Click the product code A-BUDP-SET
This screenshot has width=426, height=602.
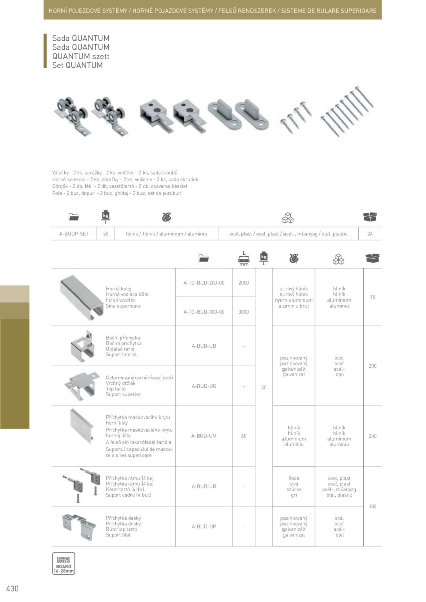[x=74, y=234]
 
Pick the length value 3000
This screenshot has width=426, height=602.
[x=244, y=312]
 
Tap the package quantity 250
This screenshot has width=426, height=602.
[x=372, y=436]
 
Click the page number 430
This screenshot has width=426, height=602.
[x=12, y=589]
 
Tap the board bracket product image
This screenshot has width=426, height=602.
[x=79, y=527]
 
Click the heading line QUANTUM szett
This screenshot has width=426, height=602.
[x=81, y=56]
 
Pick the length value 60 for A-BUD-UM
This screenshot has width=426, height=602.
[x=244, y=436]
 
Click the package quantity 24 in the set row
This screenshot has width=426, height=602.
[x=370, y=234]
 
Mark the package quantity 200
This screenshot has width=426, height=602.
[x=372, y=366]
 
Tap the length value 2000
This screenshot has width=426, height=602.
[x=244, y=283]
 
